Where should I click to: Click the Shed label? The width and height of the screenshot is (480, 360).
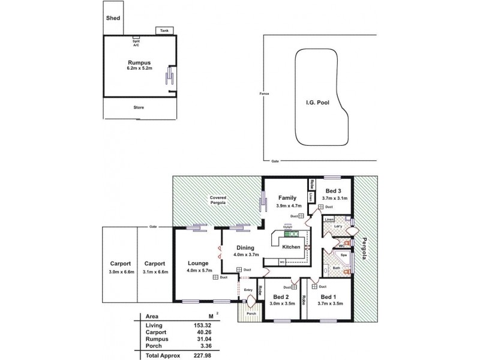113,18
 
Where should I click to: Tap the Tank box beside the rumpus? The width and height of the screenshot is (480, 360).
164,30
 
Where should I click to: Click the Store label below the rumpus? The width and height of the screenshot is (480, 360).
139,107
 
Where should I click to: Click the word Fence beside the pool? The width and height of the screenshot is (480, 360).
263,94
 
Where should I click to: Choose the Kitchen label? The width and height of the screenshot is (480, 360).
291,247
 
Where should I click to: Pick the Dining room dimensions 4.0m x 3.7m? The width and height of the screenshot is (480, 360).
245,254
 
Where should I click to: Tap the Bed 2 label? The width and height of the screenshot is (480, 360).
280,297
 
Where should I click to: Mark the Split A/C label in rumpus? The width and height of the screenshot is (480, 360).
136,43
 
